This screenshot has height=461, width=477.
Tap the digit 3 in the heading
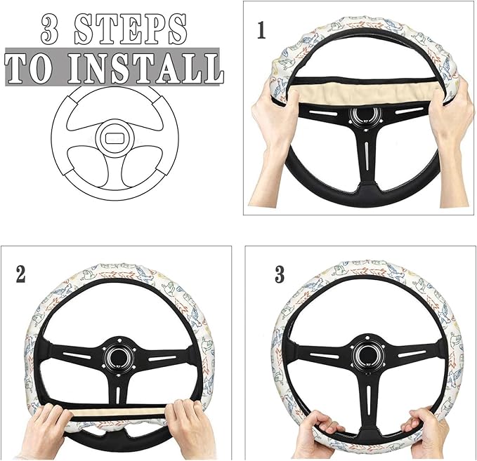tap(54, 29)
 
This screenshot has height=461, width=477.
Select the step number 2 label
tap(20, 274)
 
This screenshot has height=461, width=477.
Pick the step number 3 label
tap(280, 274)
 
